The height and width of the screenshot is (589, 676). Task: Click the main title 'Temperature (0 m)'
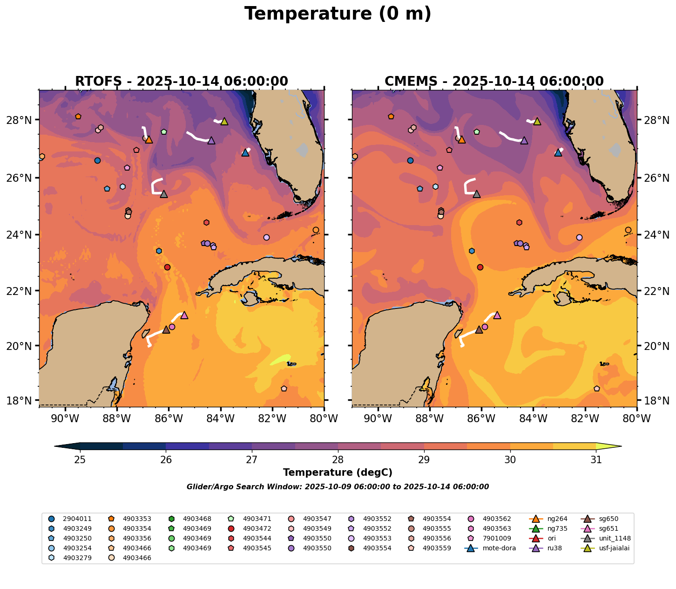[x=338, y=14]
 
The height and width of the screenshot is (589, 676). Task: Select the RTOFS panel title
[x=182, y=82]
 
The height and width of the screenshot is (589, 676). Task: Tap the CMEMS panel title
[x=494, y=82]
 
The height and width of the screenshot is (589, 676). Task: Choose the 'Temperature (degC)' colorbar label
[x=338, y=473]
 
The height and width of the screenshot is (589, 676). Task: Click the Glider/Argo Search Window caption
[x=338, y=487]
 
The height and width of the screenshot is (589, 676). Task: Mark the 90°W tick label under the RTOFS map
[x=64, y=418]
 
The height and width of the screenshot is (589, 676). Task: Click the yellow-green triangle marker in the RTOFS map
[x=224, y=121]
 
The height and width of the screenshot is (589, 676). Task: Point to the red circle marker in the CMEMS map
[x=480, y=267]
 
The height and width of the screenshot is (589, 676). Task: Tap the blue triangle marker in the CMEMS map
[x=558, y=152]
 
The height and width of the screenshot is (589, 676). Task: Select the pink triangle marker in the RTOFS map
[x=184, y=315]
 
